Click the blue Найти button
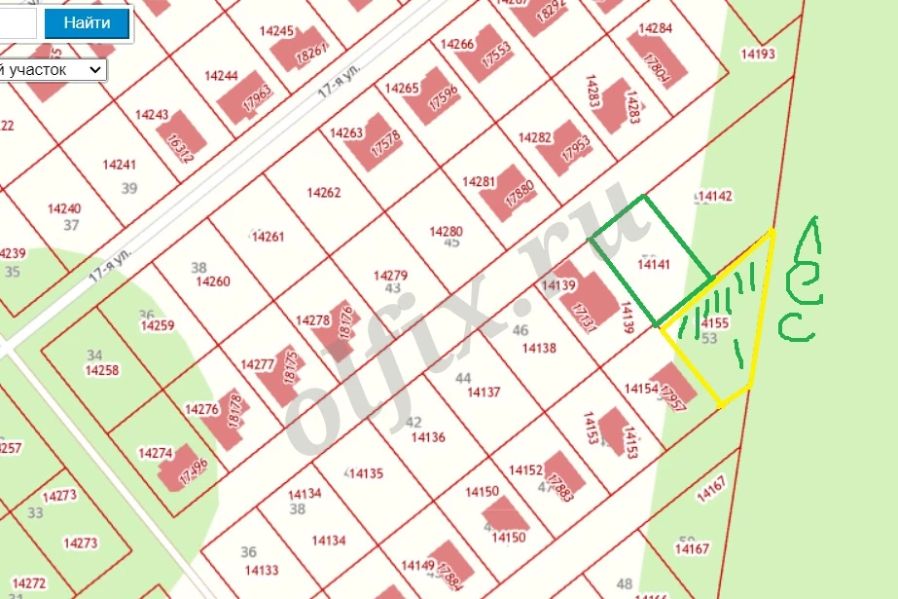click(87, 23)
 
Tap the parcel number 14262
click(324, 193)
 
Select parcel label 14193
click(757, 55)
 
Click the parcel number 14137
click(484, 393)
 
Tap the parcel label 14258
click(102, 370)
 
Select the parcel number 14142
click(715, 196)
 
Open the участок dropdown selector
click(54, 70)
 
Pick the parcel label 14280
click(447, 231)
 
